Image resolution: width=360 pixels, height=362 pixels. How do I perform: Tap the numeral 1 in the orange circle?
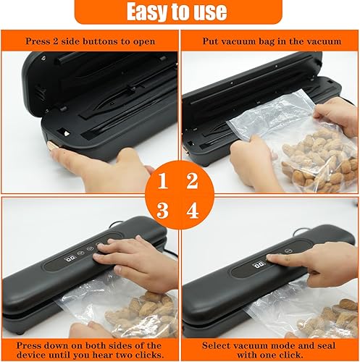162,181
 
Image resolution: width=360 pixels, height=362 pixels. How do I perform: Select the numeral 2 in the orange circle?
192,181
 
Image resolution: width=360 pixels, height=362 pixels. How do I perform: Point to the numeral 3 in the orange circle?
162,211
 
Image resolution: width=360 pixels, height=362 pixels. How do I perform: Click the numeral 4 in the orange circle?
193,211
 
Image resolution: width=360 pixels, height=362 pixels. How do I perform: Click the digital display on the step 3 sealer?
70,258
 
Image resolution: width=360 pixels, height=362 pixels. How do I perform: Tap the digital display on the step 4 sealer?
259,266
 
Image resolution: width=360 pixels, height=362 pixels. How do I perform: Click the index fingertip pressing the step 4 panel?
270,258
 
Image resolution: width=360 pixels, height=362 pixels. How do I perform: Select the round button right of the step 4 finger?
288,251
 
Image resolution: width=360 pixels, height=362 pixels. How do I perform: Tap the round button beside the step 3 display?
80,253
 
